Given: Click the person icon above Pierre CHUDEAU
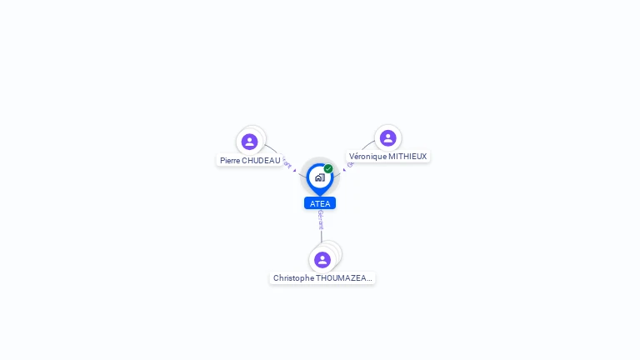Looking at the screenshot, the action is coord(249,142).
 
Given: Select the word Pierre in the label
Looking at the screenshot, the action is coord(230,160).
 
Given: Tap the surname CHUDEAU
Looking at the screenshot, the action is coord(261,160).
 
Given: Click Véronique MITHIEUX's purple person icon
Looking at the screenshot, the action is coord(387,138).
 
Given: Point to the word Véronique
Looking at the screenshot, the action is coord(367,157).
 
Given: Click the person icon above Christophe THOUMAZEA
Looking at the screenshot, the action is coord(322,260).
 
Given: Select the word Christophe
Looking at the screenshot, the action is coord(295,278).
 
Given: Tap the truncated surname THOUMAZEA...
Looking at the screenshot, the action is coord(346,278).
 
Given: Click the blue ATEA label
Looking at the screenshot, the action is coord(320,203).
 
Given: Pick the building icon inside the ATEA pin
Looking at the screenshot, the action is coord(320,177).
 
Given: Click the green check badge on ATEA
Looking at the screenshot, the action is coord(328,169).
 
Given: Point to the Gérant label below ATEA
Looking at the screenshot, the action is coord(321,219).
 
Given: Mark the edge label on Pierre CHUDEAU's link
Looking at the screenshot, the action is coord(287,162).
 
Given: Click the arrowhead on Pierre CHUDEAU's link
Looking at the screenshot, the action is coord(294,170).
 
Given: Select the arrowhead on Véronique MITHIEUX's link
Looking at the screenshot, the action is coord(344,170).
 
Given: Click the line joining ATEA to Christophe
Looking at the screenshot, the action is coord(321,237).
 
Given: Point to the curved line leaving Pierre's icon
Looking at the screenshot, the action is coord(272,149).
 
